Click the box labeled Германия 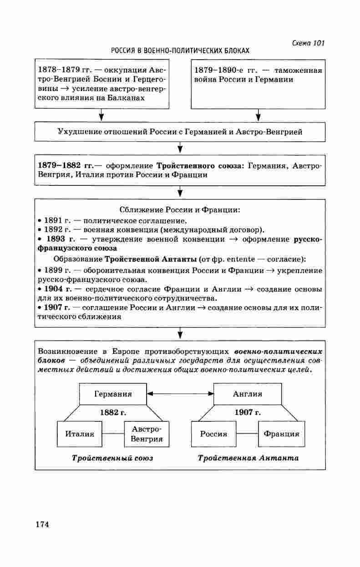pyautogui.click(x=113, y=394)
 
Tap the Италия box pyautogui.click(x=80, y=434)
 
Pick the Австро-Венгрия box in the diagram pyautogui.click(x=147, y=434)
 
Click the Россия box pyautogui.click(x=213, y=434)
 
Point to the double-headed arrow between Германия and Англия pyautogui.click(x=180, y=393)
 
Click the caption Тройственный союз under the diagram pyautogui.click(x=112, y=458)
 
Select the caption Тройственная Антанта pyautogui.click(x=248, y=458)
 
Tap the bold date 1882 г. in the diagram pyautogui.click(x=112, y=413)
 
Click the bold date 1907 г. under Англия pyautogui.click(x=248, y=413)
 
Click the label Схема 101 pyautogui.click(x=308, y=43)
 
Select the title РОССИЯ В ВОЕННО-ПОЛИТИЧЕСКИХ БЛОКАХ pyautogui.click(x=180, y=51)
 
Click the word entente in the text pyautogui.click(x=244, y=259)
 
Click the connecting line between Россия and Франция pyautogui.click(x=247, y=434)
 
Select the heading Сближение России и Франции pyautogui.click(x=180, y=210)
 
